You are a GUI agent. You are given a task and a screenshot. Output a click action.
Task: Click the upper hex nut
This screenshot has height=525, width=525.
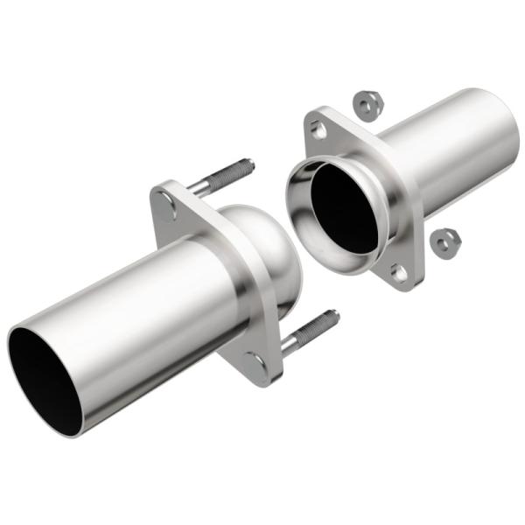click(366, 105)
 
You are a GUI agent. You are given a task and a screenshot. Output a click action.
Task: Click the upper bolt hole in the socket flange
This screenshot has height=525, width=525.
click(319, 130)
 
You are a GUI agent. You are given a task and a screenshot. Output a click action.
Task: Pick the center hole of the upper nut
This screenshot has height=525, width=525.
click(366, 104)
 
